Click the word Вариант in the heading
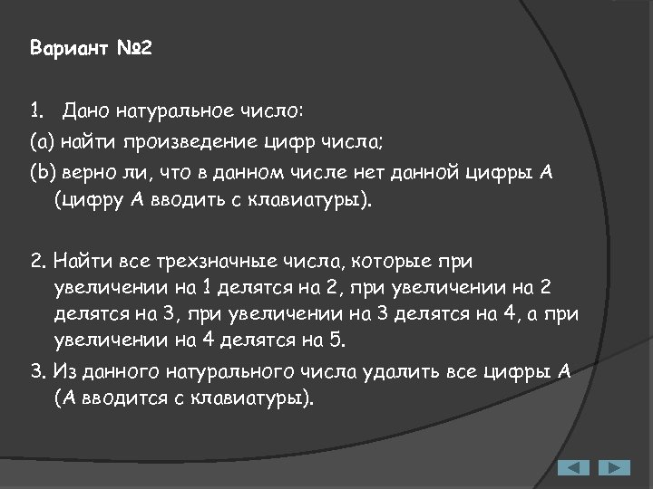69,47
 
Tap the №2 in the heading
135,47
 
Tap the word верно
88,173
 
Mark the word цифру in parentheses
86,200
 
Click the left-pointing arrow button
572,467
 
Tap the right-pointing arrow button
614,467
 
